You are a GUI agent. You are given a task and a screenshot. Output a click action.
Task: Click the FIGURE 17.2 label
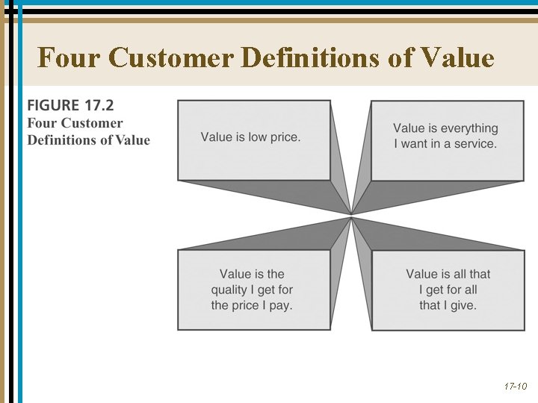click(x=71, y=106)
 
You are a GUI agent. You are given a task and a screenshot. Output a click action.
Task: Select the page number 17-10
click(x=515, y=387)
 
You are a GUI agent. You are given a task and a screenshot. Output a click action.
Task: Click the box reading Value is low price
click(x=253, y=140)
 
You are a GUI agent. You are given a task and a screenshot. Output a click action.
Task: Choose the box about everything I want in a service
click(x=447, y=140)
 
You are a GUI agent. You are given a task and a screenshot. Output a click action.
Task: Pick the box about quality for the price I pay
click(x=253, y=290)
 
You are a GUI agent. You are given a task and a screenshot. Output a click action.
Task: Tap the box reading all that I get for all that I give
click(x=448, y=290)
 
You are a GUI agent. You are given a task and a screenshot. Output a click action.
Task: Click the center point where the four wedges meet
click(x=351, y=216)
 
